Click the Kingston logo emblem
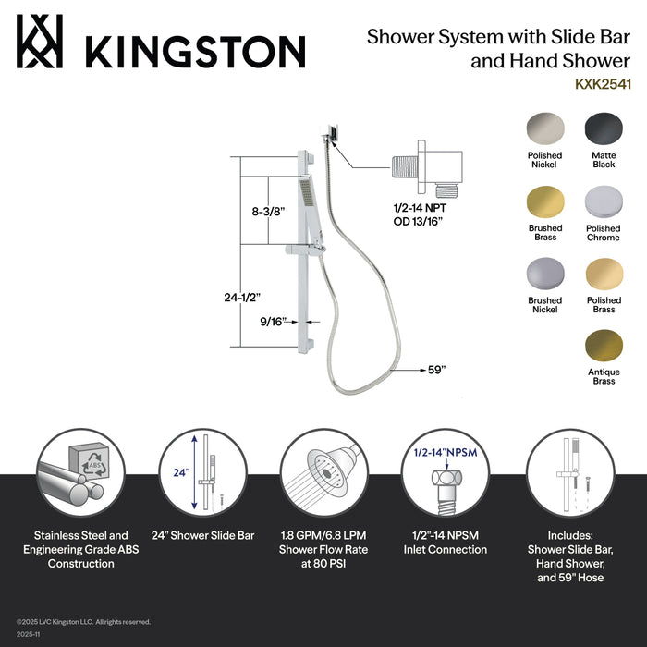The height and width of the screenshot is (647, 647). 40,43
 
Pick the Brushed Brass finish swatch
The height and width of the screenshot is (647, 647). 544,201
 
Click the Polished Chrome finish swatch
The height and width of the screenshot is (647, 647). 603,201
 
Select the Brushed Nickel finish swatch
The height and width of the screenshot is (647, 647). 544,274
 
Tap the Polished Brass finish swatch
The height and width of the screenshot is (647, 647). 603,274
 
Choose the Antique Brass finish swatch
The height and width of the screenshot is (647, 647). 603,346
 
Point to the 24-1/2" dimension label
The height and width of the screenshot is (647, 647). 242,297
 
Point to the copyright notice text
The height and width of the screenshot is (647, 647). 83,621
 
